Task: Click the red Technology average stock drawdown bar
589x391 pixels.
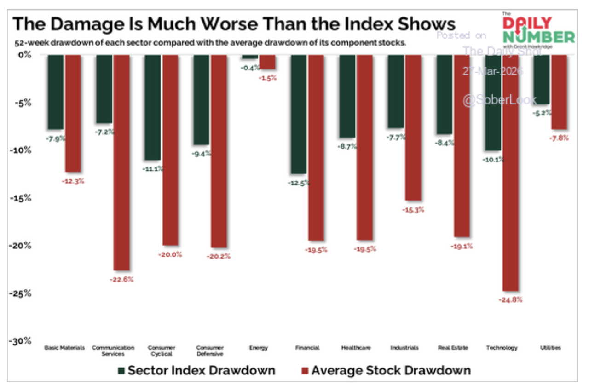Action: [510, 172]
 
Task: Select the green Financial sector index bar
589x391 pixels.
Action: [299, 114]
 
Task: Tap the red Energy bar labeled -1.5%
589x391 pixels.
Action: [267, 62]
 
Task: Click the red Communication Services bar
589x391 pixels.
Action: [121, 162]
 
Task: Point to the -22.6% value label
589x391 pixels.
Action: [122, 279]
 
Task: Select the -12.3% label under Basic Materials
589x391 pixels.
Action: [73, 181]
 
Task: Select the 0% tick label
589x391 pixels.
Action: [24, 55]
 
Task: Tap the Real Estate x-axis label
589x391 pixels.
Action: [453, 348]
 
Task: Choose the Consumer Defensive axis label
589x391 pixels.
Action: [210, 351]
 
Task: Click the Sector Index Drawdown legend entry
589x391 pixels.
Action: [197, 370]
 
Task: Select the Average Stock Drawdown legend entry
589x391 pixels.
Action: [386, 370]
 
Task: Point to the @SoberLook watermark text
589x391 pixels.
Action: [499, 100]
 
